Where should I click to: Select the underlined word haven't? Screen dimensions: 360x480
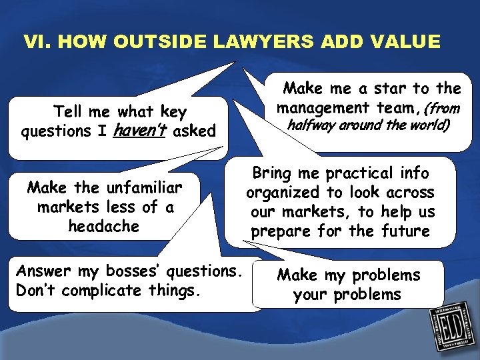pyautogui.click(x=140, y=131)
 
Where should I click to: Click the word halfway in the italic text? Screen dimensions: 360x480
pyautogui.click(x=312, y=126)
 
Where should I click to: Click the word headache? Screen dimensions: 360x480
pyautogui.click(x=103, y=227)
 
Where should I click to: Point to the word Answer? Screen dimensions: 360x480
pyautogui.click(x=43, y=271)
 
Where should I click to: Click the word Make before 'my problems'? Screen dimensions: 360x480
pyautogui.click(x=297, y=275)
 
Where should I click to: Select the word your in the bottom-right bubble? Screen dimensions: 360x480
pyautogui.click(x=312, y=295)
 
